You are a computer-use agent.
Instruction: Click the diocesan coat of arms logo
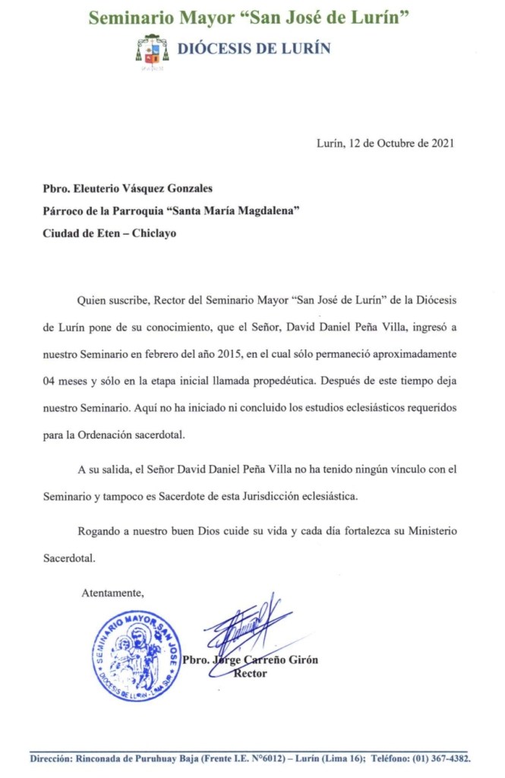(x=152, y=49)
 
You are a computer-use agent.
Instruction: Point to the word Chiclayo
(x=154, y=233)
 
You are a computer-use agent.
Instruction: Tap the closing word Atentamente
(x=112, y=593)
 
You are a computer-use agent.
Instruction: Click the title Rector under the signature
(x=251, y=674)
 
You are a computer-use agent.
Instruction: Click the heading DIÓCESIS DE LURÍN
(x=254, y=49)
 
